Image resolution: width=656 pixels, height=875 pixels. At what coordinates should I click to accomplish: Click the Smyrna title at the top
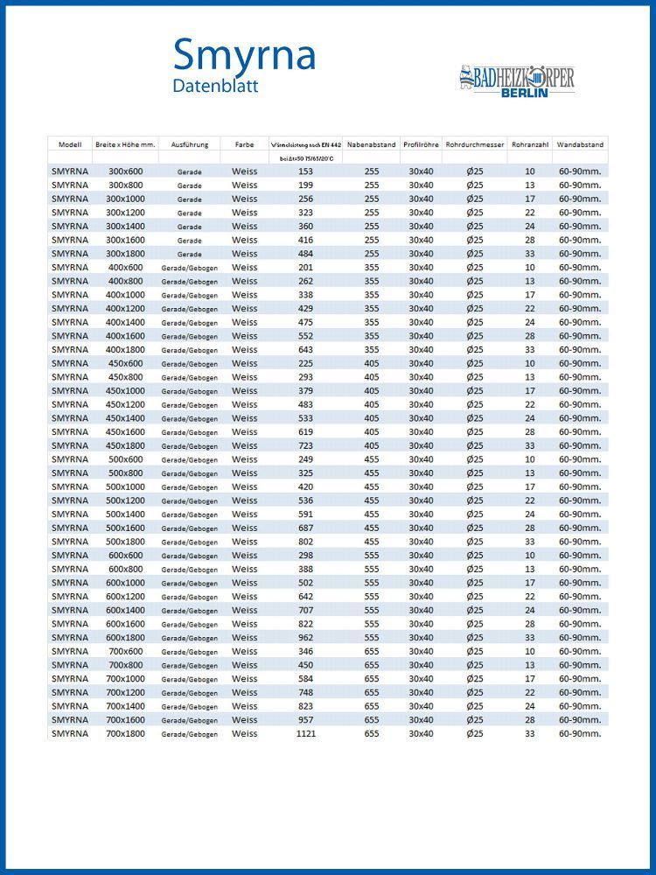click(244, 54)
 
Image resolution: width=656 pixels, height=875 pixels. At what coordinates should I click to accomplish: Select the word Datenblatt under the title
click(215, 87)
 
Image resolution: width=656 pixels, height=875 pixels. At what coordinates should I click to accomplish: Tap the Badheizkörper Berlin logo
click(516, 81)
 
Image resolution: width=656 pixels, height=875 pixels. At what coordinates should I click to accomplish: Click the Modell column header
click(70, 143)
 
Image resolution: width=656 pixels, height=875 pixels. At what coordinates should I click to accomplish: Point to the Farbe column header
click(245, 143)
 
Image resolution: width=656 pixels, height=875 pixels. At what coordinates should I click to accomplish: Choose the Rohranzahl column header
click(530, 143)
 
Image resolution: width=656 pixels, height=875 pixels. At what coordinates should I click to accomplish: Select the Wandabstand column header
click(580, 143)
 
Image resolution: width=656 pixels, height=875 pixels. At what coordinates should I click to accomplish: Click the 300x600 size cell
click(125, 171)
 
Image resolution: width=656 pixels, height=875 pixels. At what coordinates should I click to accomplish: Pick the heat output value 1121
click(306, 734)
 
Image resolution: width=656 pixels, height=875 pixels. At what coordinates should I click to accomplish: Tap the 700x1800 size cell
click(125, 734)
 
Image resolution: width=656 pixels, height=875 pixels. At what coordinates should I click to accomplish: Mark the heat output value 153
click(306, 171)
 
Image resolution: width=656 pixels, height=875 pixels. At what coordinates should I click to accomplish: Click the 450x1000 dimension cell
click(125, 391)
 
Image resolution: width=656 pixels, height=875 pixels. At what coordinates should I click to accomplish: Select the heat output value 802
click(306, 542)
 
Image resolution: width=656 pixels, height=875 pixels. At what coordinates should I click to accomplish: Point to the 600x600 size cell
click(125, 556)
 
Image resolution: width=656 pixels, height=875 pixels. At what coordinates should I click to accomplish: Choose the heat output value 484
click(306, 254)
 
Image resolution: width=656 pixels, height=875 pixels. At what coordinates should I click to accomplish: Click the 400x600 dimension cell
click(125, 268)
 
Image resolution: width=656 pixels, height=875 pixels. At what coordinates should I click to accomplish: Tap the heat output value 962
click(306, 638)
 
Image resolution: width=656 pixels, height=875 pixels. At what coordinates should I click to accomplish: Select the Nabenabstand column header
click(372, 143)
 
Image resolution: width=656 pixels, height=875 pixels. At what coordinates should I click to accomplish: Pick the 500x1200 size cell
click(125, 500)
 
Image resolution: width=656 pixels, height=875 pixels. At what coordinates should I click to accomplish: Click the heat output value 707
click(306, 611)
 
